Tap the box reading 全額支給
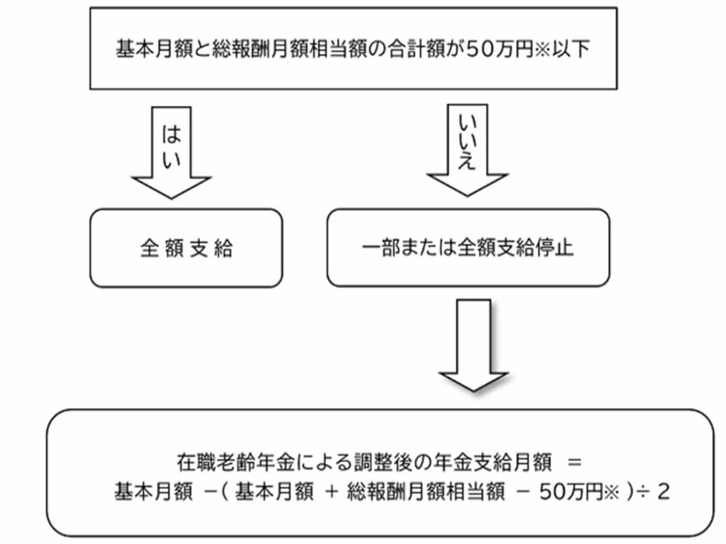pyautogui.click(x=184, y=249)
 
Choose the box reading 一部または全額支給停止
pyautogui.click(x=467, y=249)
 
